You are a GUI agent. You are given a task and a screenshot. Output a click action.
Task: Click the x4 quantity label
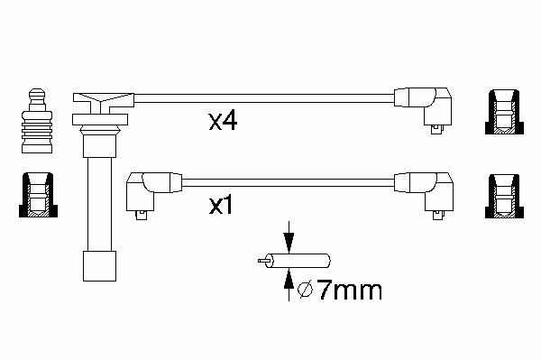223,121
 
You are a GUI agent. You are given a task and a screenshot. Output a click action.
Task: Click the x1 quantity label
221,205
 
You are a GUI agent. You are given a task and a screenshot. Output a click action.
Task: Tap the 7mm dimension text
350,291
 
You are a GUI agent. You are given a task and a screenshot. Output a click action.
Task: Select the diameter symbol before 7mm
306,291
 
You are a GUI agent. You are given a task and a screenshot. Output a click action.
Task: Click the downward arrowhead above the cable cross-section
289,243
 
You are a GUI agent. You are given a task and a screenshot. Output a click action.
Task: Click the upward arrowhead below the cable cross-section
289,278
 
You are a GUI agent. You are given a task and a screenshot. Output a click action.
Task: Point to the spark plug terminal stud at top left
37,121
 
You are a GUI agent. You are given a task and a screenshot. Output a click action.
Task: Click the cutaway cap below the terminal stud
38,195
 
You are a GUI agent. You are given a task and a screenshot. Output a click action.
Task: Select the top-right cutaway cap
504,112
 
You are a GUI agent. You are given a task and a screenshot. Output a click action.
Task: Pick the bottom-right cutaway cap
504,196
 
